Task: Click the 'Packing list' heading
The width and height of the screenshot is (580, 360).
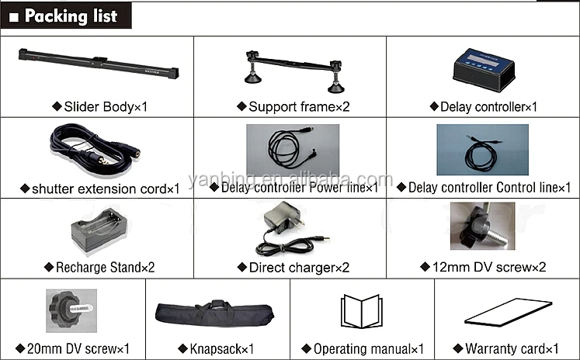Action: pos(71,16)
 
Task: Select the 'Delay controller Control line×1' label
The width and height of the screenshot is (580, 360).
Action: pos(484,187)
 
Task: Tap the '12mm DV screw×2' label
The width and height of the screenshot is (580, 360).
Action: pos(484,268)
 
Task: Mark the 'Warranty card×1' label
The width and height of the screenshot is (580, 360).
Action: pos(506,349)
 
